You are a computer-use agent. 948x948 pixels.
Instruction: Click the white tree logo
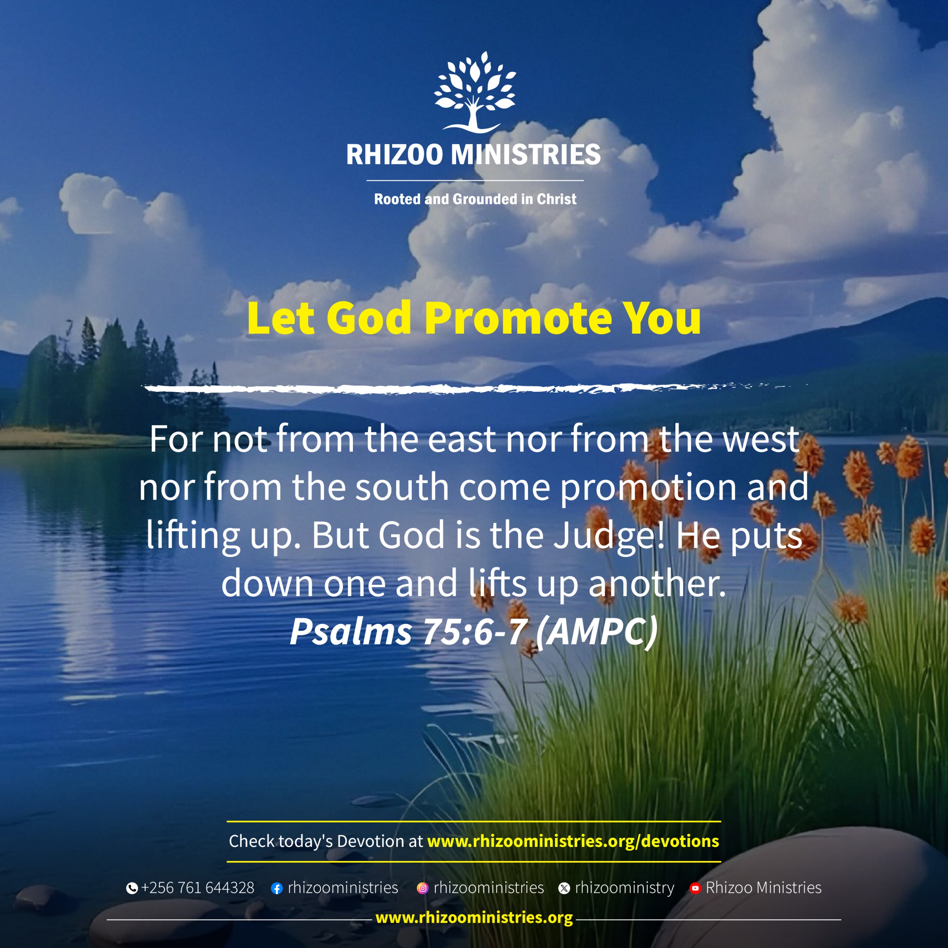tap(474, 92)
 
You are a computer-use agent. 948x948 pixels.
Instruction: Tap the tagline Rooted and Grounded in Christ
tap(475, 199)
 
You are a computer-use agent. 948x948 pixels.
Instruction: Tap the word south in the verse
tap(402, 487)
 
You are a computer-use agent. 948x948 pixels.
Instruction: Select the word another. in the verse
tap(657, 583)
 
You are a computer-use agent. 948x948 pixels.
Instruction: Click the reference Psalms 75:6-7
tap(408, 631)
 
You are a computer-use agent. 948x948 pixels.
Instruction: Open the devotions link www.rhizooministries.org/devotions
tap(573, 841)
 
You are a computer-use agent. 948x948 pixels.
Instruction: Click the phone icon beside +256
tap(131, 888)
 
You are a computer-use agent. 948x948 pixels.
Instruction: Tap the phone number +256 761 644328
tap(198, 888)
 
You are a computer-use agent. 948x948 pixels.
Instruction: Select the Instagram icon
tap(423, 888)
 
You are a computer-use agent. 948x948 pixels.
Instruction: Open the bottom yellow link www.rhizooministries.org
tap(474, 918)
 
